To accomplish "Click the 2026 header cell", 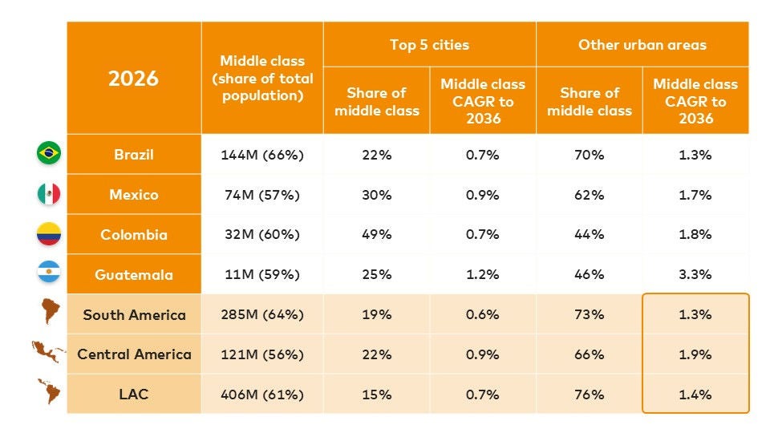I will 134,79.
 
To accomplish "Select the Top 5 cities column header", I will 429,45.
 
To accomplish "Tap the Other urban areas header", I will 642,45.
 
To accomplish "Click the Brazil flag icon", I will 49,153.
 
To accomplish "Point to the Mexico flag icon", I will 49,194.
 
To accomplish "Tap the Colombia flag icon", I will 49,234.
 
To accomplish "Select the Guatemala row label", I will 134,274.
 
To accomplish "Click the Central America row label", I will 134,354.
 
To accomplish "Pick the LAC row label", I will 134,394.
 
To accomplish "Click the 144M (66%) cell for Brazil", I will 262,155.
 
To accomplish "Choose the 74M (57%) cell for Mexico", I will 262,195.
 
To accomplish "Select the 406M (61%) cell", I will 262,394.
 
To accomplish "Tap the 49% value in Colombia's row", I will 376,234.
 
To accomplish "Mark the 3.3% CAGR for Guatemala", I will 695,274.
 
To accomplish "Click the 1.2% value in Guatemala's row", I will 483,274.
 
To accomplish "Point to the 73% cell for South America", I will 590,314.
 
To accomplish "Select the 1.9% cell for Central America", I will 695,354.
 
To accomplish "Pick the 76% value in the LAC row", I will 590,394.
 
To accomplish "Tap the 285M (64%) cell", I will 262,314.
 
